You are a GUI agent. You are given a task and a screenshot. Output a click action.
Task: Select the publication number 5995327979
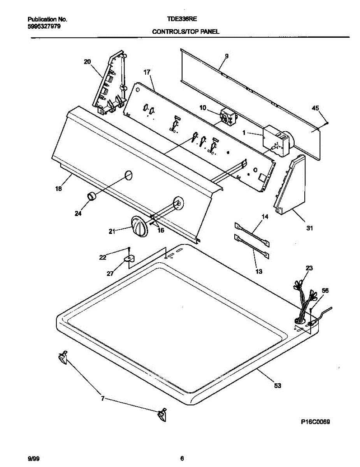(44, 26)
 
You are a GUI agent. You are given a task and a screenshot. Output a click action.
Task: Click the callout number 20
(87, 61)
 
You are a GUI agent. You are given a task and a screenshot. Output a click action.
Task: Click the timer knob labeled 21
(139, 226)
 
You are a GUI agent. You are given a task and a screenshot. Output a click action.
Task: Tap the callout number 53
(277, 386)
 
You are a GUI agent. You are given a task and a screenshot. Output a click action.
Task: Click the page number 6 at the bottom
(182, 458)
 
